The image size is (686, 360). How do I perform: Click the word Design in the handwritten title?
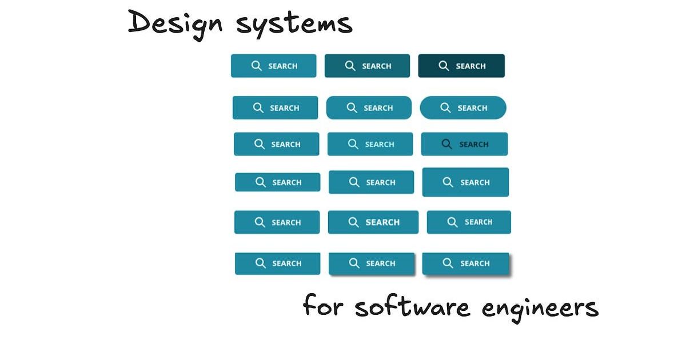pyautogui.click(x=175, y=25)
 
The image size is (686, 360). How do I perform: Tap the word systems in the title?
pyautogui.click(x=294, y=25)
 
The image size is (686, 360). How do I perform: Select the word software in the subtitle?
pyautogui.click(x=412, y=306)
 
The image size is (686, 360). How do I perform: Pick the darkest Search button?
pyautogui.click(x=461, y=66)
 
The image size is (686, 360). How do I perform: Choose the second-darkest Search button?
pyautogui.click(x=367, y=66)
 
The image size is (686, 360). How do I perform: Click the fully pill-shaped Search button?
pyautogui.click(x=463, y=108)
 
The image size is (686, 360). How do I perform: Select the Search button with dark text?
pyautogui.click(x=464, y=144)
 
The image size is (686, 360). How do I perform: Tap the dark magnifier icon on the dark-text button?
pyautogui.click(x=446, y=144)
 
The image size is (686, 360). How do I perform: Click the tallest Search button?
pyautogui.click(x=465, y=182)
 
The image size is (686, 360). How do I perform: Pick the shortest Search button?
pyautogui.click(x=277, y=182)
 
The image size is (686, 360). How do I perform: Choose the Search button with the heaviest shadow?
pyautogui.click(x=465, y=263)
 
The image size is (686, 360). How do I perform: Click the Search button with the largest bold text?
pyautogui.click(x=373, y=222)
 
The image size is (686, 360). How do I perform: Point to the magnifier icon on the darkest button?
pyautogui.click(x=444, y=66)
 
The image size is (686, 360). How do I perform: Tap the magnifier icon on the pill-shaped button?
pyautogui.click(x=445, y=108)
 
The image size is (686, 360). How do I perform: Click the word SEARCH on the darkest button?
pyautogui.click(x=470, y=66)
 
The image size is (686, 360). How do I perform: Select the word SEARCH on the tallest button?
pyautogui.click(x=475, y=182)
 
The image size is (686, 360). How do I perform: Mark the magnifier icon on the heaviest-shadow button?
pyautogui.click(x=448, y=263)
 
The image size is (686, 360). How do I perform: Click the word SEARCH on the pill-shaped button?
pyautogui.click(x=472, y=108)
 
